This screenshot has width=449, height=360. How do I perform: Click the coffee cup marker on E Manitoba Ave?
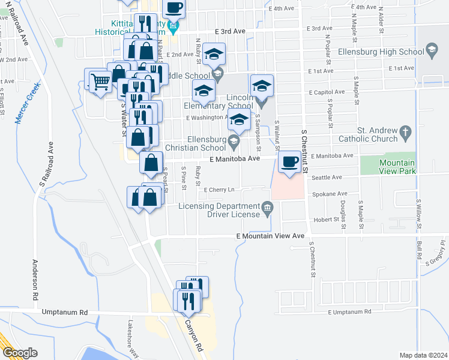[x=290, y=162]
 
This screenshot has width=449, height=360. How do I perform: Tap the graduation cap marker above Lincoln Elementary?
[x=262, y=86]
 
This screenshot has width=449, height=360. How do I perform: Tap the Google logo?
[x=19, y=352]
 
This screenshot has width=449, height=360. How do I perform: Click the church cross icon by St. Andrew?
[x=406, y=131]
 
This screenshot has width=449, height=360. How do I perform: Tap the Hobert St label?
[x=327, y=220]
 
